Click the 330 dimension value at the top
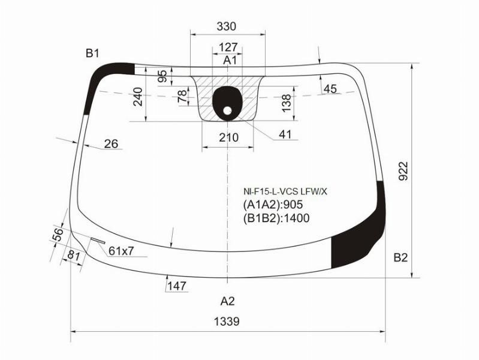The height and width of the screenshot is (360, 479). point(227,26)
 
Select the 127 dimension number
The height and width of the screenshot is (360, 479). point(228,47)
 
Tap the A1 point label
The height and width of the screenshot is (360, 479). point(230,60)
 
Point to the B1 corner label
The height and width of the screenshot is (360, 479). point(92,53)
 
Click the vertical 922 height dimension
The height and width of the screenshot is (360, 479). point(403,171)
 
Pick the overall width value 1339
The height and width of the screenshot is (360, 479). point(227,322)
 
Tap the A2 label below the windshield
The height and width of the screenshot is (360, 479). point(228,301)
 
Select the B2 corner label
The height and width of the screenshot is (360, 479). point(400,258)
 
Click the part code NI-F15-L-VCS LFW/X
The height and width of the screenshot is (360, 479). point(285,192)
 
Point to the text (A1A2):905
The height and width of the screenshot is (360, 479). point(273,205)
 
